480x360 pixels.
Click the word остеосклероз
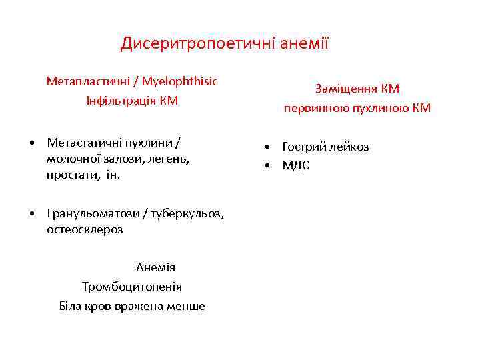(85, 229)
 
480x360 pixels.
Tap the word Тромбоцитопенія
(132, 287)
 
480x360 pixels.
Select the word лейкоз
(349, 147)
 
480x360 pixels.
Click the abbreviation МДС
(295, 165)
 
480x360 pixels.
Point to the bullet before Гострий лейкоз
(266, 147)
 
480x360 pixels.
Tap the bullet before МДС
(266, 165)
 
